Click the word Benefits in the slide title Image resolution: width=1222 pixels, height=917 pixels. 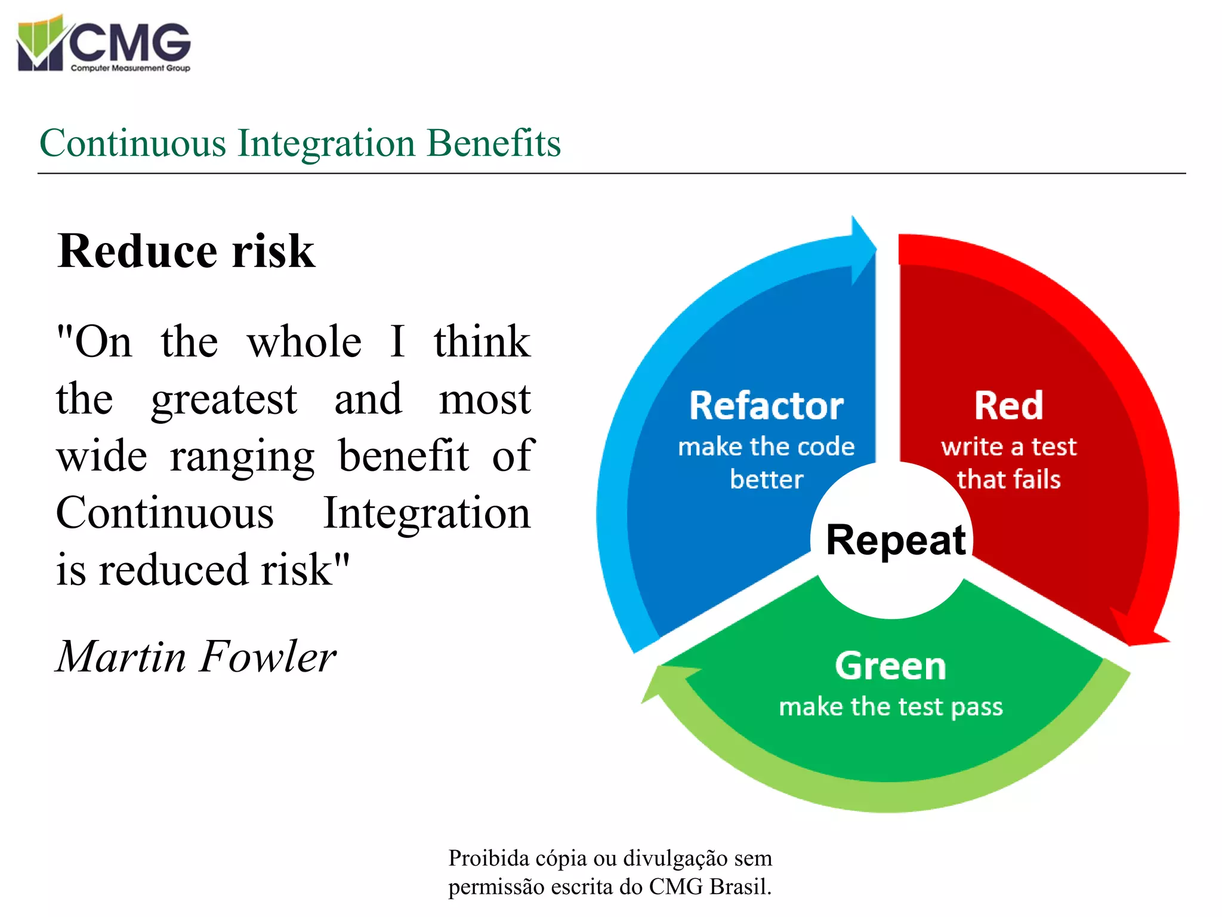(x=493, y=143)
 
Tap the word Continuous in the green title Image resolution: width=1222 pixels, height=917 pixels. (x=132, y=143)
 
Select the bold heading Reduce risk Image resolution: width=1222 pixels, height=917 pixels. (x=186, y=251)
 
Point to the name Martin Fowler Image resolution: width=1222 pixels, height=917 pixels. (x=196, y=656)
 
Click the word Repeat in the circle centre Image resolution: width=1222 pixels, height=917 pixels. (x=895, y=540)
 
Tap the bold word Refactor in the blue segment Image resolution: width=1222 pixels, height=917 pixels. (x=766, y=406)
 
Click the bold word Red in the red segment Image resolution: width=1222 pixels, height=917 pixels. (x=1008, y=406)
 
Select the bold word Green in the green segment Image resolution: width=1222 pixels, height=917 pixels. (x=890, y=666)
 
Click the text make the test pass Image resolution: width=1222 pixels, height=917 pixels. (x=890, y=707)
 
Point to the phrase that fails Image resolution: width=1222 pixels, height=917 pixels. (x=1008, y=479)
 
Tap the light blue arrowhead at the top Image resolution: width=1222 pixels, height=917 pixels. (x=863, y=249)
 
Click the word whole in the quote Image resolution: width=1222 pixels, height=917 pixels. (x=304, y=342)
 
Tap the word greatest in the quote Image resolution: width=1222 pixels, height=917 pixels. (x=224, y=399)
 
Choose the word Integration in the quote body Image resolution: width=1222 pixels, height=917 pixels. (x=426, y=513)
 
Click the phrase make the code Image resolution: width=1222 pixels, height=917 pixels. (x=766, y=447)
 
